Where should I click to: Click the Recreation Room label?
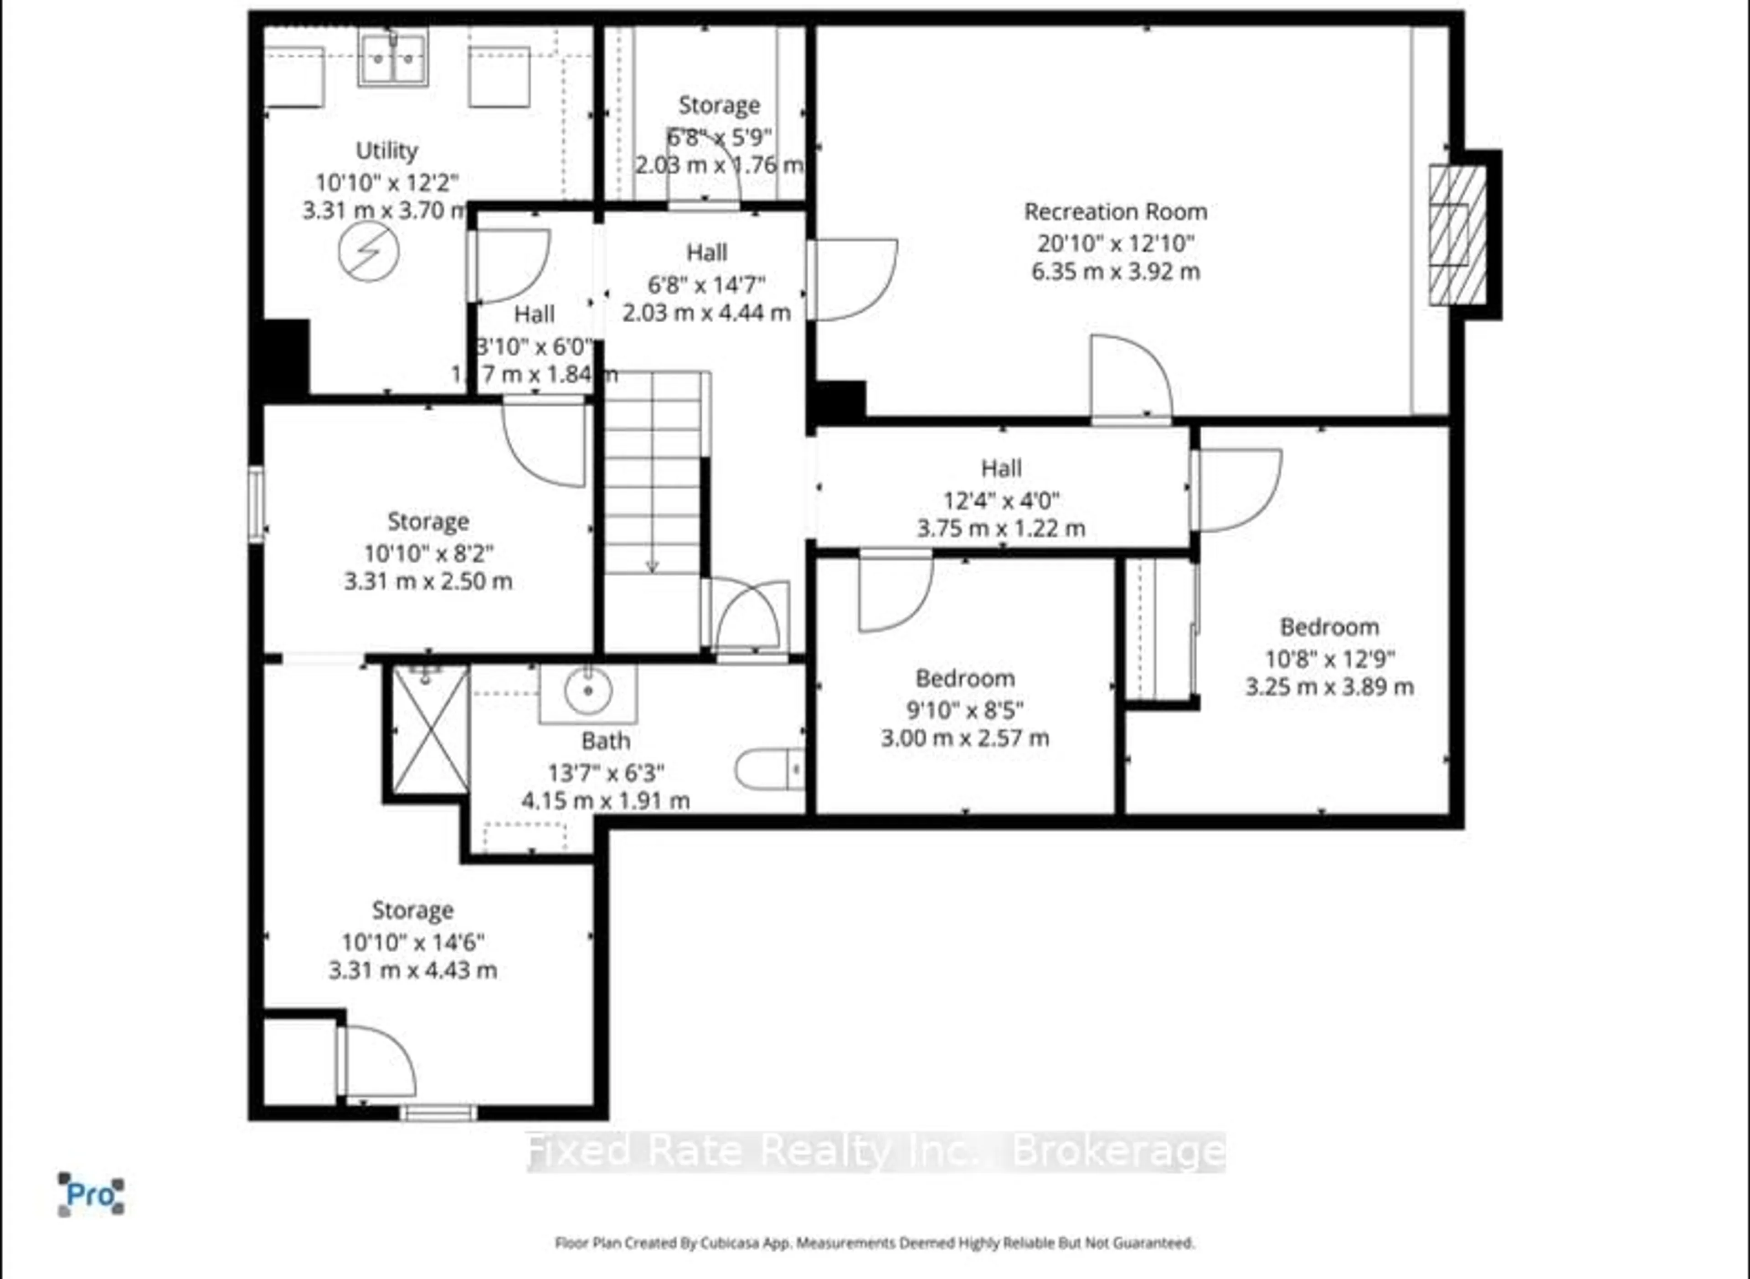click(1115, 211)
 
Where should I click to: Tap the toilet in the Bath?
click(768, 769)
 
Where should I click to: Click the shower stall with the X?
click(430, 730)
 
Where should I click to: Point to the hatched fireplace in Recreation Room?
click(1457, 235)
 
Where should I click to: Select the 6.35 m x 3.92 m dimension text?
click(1115, 272)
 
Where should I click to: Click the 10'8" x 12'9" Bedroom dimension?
click(1329, 659)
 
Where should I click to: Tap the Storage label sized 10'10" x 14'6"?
click(412, 910)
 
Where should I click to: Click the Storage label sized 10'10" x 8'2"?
click(428, 522)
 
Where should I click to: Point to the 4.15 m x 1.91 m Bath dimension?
click(605, 800)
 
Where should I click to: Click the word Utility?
click(386, 150)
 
